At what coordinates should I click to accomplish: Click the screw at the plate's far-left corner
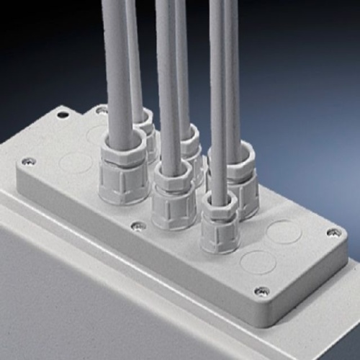pyautogui.click(x=27, y=162)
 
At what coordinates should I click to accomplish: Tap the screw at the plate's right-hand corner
pyautogui.click(x=333, y=233)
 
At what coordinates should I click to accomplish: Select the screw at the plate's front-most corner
pyautogui.click(x=261, y=292)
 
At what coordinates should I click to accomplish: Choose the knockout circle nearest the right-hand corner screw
pyautogui.click(x=283, y=232)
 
